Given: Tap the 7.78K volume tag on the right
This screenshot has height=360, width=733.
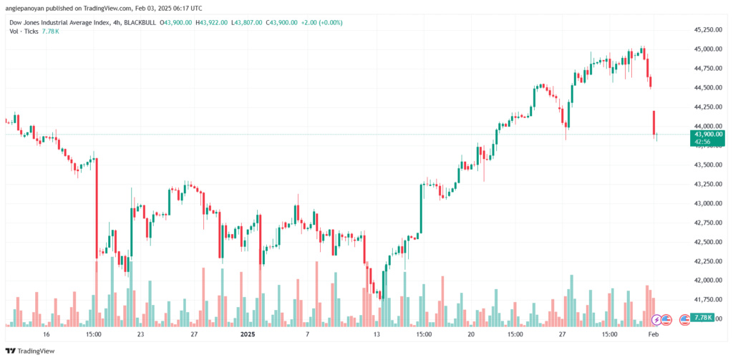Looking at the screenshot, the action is pos(702,318).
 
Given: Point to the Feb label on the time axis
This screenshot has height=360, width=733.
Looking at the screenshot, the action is pos(654,334).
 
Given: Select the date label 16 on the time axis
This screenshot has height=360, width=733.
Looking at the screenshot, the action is pos(46,334).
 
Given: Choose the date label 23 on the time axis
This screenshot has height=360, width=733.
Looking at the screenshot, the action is pos(140,334).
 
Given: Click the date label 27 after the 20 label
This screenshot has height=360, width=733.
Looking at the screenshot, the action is pos(563,334).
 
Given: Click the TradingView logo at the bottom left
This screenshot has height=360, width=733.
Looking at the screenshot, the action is pos(30,351).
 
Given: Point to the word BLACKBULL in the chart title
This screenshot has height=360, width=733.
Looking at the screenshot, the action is pos(139,22).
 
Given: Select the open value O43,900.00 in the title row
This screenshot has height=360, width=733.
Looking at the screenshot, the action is pos(176,22).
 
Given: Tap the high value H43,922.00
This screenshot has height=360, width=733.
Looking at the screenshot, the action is pos(211,22).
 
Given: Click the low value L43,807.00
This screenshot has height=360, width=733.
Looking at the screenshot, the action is pos(246,22).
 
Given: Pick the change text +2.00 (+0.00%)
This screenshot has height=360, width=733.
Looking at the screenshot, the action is pos(321,22).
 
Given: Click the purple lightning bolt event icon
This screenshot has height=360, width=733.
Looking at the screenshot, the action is pos(656,319).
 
